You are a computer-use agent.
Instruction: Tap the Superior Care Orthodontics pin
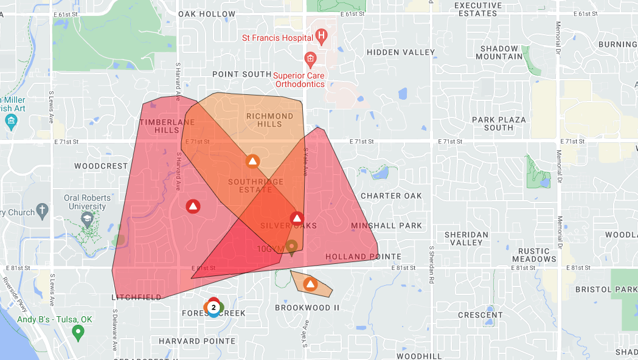[x=310, y=59]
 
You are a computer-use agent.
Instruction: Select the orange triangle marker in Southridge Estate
[x=252, y=162]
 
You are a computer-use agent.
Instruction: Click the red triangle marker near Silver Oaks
[x=297, y=218]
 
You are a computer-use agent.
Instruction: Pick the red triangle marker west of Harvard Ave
[x=193, y=206]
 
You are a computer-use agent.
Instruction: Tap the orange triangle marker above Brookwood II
[x=310, y=284]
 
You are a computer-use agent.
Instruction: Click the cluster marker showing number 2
[x=213, y=308]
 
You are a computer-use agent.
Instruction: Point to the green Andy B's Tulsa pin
[x=77, y=332]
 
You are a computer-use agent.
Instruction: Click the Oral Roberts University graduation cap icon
[x=87, y=218]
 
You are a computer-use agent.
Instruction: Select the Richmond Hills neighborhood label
[x=269, y=120]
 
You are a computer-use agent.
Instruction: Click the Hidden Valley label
[x=401, y=53]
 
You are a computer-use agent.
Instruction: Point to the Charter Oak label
[x=391, y=196]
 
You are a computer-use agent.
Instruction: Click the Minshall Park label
[x=386, y=226]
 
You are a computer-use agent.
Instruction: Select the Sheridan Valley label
[x=466, y=238]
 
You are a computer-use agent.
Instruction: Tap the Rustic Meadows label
[x=537, y=255]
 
